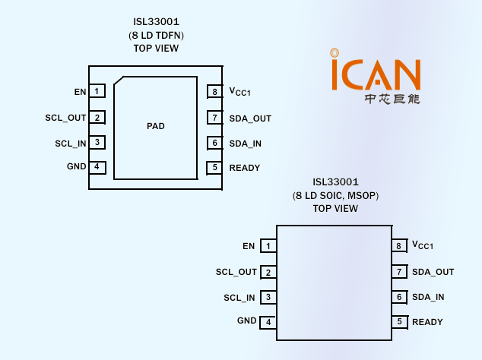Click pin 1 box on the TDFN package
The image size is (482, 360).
97,92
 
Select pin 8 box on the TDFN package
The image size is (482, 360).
215,92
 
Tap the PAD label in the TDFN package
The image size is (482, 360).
156,126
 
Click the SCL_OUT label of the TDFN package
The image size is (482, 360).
66,118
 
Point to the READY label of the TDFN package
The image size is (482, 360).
245,168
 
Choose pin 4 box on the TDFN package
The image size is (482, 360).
97,167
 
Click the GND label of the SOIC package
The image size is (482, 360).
247,321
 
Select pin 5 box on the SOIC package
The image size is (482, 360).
398,322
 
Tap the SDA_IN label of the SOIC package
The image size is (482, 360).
428,297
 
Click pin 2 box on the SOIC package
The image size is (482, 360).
268,272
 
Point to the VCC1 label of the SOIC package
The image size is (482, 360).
423,245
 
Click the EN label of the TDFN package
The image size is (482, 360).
80,92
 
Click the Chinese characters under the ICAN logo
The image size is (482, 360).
392,99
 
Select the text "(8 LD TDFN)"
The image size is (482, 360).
156,36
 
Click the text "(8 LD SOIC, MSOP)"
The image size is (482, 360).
335,196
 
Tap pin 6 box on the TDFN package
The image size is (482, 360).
215,143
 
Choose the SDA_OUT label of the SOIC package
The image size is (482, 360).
433,272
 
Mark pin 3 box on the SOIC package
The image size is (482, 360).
268,297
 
